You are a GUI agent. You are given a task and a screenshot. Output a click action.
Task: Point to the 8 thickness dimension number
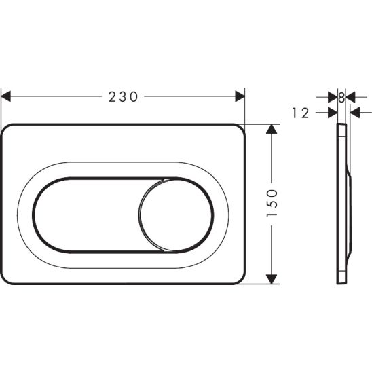341,98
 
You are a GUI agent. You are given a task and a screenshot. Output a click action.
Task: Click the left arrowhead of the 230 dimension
5,96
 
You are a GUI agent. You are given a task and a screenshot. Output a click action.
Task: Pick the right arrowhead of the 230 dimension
240,96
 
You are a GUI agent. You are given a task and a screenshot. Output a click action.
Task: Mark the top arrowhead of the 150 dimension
272,129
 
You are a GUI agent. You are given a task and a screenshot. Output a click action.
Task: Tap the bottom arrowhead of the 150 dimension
272,278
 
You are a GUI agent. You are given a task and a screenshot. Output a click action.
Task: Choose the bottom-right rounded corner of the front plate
238,277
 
